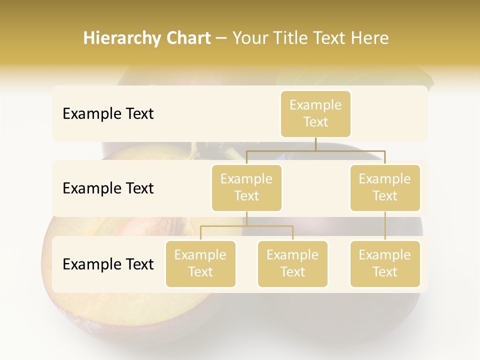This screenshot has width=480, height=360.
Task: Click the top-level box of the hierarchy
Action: (315, 114)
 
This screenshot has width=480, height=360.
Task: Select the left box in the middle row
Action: (246, 187)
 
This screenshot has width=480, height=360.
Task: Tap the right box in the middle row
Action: (385, 187)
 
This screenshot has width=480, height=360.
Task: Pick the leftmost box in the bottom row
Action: (200, 263)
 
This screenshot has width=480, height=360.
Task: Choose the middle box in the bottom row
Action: (292, 263)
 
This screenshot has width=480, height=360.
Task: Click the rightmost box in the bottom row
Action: (385, 263)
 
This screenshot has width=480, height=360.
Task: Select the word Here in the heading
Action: (370, 38)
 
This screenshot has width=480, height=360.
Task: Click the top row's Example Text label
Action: (108, 114)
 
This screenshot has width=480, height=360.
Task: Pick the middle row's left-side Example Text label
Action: (108, 188)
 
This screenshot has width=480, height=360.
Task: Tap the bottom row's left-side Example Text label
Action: (108, 264)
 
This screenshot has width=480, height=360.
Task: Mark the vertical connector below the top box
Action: (315, 144)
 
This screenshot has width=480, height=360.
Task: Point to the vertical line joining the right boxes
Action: (385, 225)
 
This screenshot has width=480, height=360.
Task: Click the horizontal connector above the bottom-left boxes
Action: (246, 226)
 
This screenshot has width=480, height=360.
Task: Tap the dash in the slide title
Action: (221, 38)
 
